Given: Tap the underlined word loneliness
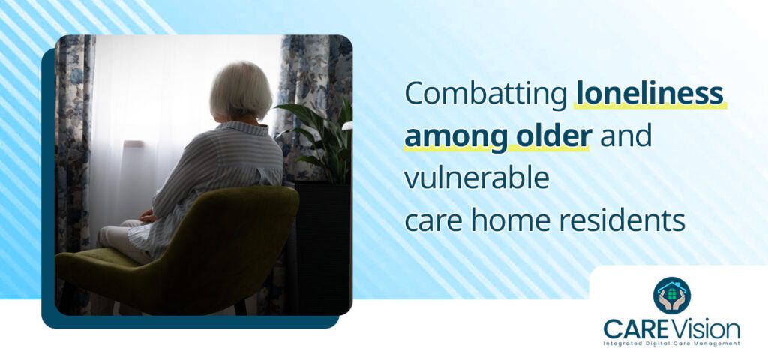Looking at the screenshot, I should coord(649,94).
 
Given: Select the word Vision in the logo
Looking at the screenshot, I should coord(709,328).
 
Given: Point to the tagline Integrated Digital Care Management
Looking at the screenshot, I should coord(672,343).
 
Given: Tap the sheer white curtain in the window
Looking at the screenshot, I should coord(150,112).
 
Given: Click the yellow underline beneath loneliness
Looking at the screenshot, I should coord(649,107).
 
